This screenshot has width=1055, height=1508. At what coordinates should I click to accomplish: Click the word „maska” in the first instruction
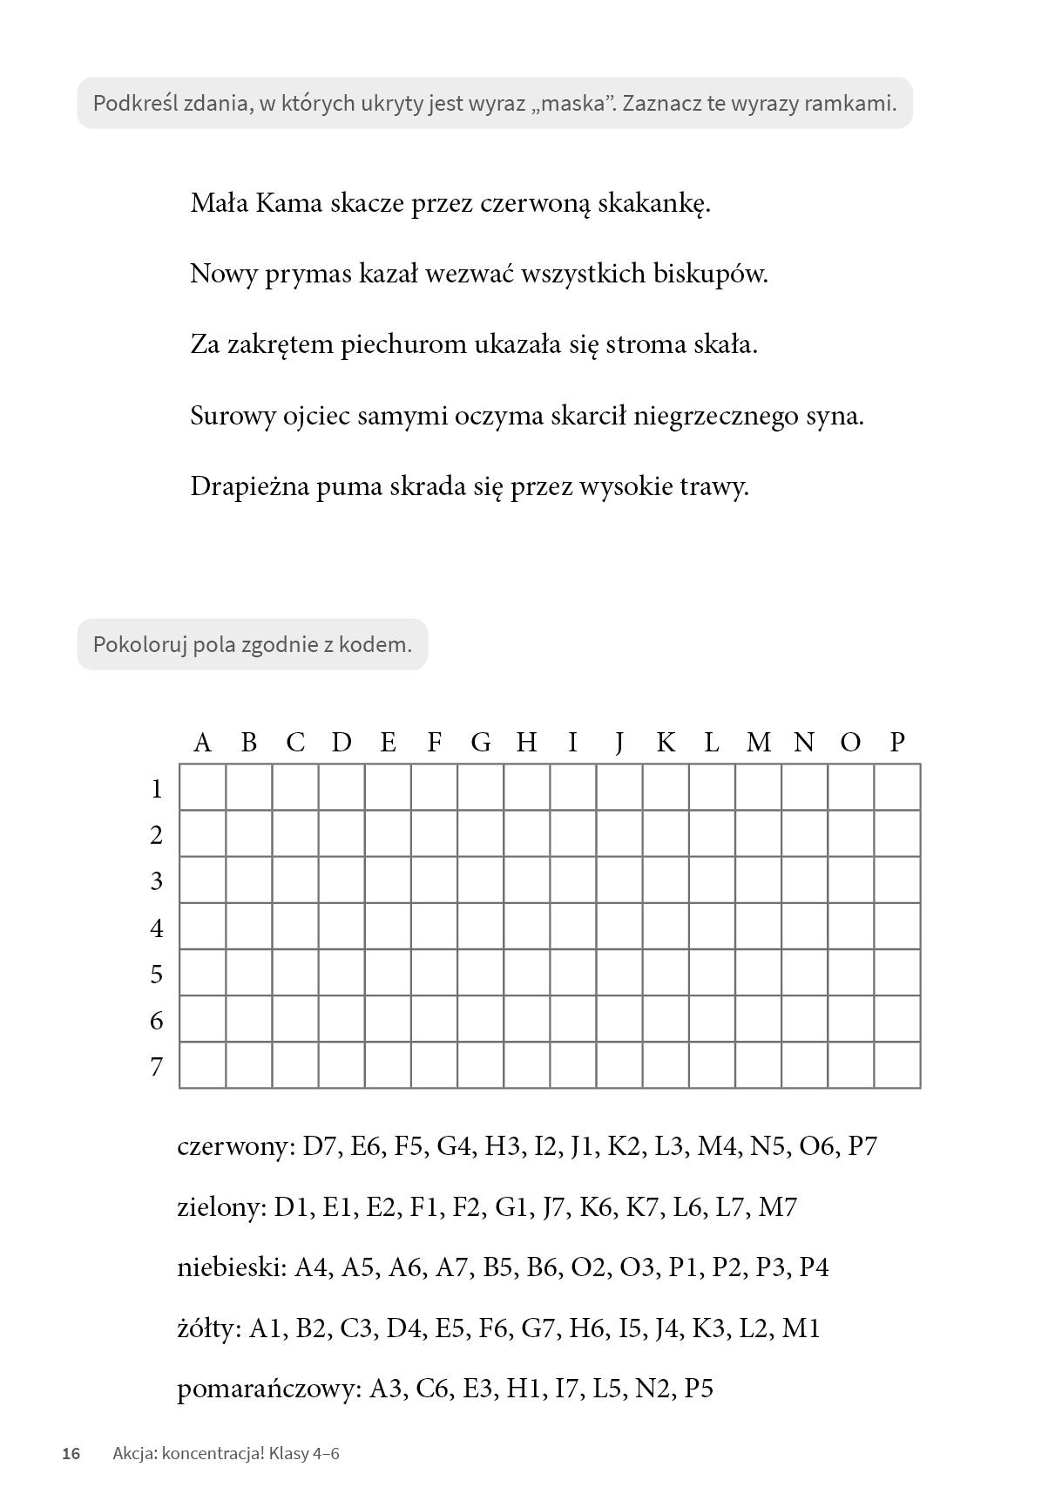(571, 104)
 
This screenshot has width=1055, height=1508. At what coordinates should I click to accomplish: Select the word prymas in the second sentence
(308, 275)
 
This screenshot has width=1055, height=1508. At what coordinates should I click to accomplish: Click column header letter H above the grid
(526, 743)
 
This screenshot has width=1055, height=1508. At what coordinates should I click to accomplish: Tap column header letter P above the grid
(897, 743)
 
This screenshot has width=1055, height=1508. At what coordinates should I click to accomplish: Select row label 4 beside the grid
(157, 928)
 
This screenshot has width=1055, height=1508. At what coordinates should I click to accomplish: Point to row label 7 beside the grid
(157, 1067)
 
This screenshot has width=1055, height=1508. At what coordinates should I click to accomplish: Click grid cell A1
(203, 787)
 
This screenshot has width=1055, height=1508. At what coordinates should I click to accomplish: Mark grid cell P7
(897, 1065)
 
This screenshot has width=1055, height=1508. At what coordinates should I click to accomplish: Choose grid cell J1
(619, 787)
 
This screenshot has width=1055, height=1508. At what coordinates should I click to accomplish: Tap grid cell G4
(480, 926)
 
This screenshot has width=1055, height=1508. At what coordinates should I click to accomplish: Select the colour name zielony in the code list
(220, 1207)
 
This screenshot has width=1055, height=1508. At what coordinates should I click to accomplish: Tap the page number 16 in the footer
(71, 1453)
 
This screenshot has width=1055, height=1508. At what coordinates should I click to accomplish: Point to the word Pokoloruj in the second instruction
(139, 645)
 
